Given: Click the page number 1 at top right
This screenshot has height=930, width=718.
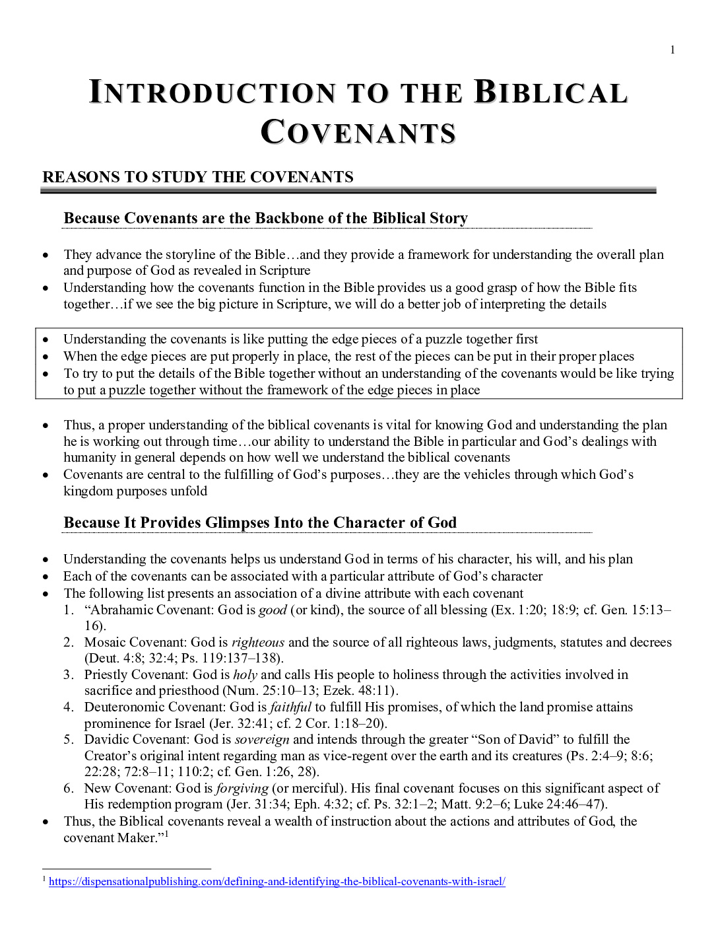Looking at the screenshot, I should pos(672,50).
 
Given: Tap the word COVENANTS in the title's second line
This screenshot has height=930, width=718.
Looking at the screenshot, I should pos(358,132).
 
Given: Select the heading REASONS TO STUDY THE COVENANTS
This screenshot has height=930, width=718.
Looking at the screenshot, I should pos(198,177).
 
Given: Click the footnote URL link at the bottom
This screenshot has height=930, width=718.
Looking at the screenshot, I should pos(277,881).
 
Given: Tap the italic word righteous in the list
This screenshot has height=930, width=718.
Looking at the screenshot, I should pos(258,642).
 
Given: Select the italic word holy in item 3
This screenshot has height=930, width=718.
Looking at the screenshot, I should pos(245,674).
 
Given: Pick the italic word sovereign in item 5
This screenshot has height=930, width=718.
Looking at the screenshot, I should pos(262,739).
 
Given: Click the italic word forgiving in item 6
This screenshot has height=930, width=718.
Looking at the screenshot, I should pos(242,788).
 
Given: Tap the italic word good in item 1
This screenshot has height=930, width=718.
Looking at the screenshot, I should pos(273,610).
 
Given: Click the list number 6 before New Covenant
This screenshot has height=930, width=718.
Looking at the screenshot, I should pos(69,788).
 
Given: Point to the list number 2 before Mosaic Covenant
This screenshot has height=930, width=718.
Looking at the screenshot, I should pos(69,642).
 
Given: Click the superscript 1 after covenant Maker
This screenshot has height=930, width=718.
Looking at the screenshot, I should pos(167,834).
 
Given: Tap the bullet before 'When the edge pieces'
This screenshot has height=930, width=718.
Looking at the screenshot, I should pos(45,357).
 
